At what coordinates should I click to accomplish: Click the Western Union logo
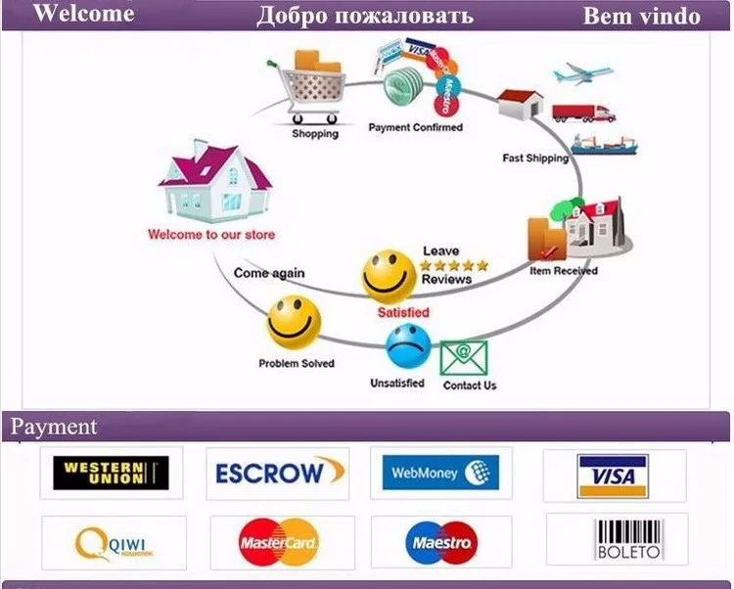coord(111,474)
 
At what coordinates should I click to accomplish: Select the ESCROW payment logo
coord(279,474)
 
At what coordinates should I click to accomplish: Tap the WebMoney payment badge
coord(440,474)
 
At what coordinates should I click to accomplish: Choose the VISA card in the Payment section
coord(614,476)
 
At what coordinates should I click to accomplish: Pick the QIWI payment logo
coord(113,542)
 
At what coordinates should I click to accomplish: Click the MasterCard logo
coord(278,542)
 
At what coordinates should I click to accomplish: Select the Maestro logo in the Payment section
coord(440,542)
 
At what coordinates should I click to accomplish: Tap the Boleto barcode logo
coord(617,539)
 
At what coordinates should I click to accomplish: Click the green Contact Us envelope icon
coord(463,358)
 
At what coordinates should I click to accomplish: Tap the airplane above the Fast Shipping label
coord(582,74)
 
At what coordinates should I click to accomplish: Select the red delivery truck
coord(583,112)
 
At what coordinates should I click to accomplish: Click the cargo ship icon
coord(604,145)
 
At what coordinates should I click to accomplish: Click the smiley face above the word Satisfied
coord(389,276)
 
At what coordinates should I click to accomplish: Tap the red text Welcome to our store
coord(210,235)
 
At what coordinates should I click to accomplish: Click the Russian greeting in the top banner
coord(365,16)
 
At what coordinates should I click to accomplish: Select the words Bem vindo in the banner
coord(641,16)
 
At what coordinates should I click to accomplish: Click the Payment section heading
coord(54,427)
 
